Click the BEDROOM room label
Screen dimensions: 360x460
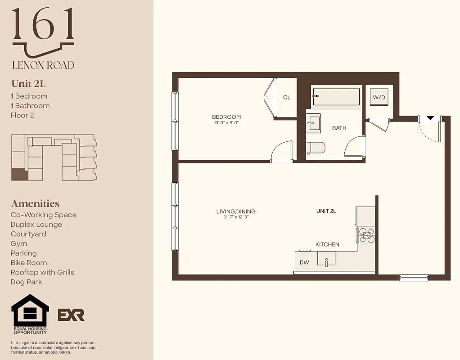pyautogui.click(x=226, y=117)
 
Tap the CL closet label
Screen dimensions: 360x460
pyautogui.click(x=287, y=97)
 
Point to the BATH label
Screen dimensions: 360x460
pyautogui.click(x=339, y=128)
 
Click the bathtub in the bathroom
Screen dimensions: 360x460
pyautogui.click(x=336, y=96)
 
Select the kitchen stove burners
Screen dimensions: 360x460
pyautogui.click(x=367, y=234)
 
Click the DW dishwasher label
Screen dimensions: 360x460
pyautogui.click(x=304, y=262)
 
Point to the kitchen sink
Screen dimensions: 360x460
pyautogui.click(x=326, y=259)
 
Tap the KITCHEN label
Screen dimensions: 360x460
pyautogui.click(x=327, y=244)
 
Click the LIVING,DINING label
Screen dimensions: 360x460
pyautogui.click(x=236, y=211)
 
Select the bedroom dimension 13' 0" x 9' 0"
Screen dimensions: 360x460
pyautogui.click(x=226, y=123)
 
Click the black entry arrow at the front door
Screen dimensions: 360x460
pyautogui.click(x=430, y=118)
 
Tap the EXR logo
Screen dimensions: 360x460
pyautogui.click(x=71, y=315)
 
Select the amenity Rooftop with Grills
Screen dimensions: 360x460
pyautogui.click(x=42, y=272)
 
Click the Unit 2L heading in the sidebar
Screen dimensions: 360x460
pyautogui.click(x=28, y=84)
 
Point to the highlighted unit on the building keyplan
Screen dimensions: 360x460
pyautogui.click(x=19, y=174)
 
